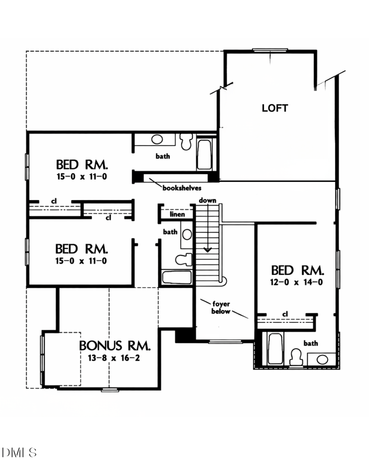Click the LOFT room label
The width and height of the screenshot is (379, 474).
(x=275, y=109)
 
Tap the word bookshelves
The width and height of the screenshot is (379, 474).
(x=178, y=188)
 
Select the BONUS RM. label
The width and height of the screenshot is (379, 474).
(x=115, y=345)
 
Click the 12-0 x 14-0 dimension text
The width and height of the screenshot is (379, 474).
(x=297, y=283)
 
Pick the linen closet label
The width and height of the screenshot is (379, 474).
(x=177, y=215)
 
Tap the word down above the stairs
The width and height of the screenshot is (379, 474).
(x=208, y=201)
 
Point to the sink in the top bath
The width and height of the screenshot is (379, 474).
(x=157, y=140)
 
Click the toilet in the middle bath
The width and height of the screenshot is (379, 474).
(x=183, y=259)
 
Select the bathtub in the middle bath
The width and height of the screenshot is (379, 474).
(x=177, y=277)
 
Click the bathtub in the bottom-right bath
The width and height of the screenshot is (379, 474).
(x=275, y=349)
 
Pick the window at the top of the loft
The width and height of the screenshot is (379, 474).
(x=270, y=50)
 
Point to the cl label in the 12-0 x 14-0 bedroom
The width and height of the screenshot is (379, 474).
(x=285, y=314)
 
